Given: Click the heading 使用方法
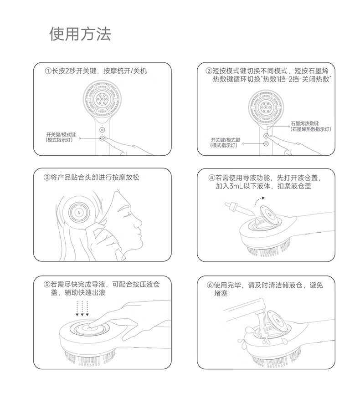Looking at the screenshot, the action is [x=80, y=34].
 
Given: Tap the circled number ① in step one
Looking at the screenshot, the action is [x=48, y=71].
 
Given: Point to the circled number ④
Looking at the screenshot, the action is [x=211, y=178].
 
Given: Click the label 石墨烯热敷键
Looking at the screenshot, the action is [x=305, y=123].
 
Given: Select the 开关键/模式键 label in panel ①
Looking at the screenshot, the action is [x=61, y=134].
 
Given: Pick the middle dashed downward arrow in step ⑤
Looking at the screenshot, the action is [x=82, y=308].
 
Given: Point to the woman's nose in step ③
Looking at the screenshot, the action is [x=139, y=222].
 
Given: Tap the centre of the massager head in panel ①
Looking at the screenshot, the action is [x=101, y=99].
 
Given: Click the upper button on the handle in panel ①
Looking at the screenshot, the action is [x=102, y=129].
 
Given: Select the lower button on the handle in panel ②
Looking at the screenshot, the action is [x=267, y=143].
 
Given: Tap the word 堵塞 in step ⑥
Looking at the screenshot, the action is [x=221, y=293].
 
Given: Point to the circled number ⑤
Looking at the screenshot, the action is [x=47, y=285].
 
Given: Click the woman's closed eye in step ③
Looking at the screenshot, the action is [x=126, y=215].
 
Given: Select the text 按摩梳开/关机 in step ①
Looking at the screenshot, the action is [x=125, y=71].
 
